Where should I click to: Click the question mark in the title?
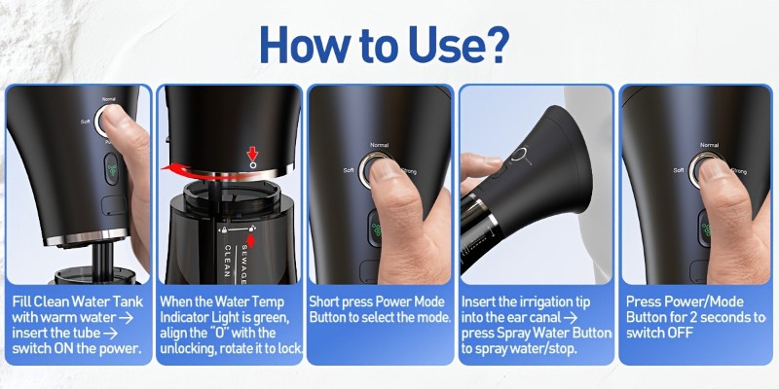[x=496, y=44]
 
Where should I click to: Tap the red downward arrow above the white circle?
[x=253, y=154]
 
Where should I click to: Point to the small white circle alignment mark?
[x=253, y=165]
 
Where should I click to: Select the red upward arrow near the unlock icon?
[x=251, y=240]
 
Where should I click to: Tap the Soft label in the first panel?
[x=86, y=121]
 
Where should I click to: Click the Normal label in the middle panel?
[x=379, y=145]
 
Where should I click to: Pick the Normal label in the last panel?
[x=709, y=145]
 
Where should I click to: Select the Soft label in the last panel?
[x=679, y=170]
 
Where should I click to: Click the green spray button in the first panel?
[x=112, y=169]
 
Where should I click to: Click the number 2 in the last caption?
[x=710, y=317]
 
